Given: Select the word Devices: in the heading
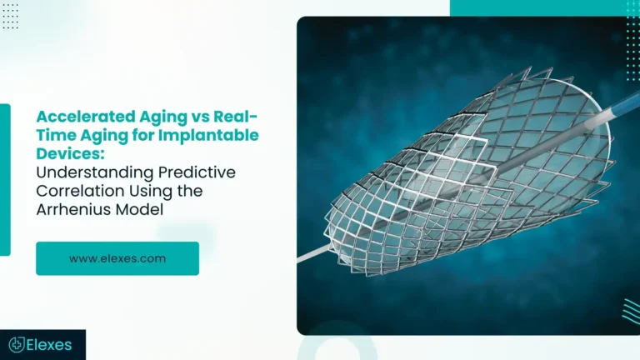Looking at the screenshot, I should click(65, 152).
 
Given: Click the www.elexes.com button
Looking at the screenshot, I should click(117, 258).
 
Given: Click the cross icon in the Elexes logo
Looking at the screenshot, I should click(15, 344).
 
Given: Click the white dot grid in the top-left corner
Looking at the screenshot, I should click(10, 18).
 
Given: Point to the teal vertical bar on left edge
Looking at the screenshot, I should click(5, 179).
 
